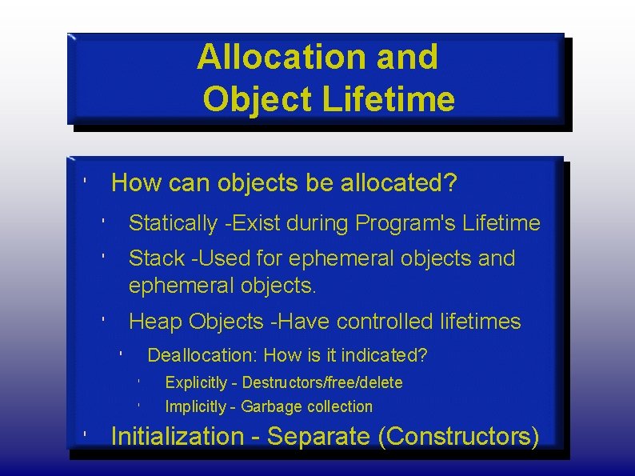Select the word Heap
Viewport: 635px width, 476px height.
coord(156,322)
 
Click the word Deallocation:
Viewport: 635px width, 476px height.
coord(203,354)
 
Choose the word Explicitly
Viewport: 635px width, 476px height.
coord(194,382)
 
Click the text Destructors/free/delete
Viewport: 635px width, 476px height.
coord(321,382)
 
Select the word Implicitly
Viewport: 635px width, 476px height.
coord(195,406)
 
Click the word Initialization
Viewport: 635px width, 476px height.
coord(177,436)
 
